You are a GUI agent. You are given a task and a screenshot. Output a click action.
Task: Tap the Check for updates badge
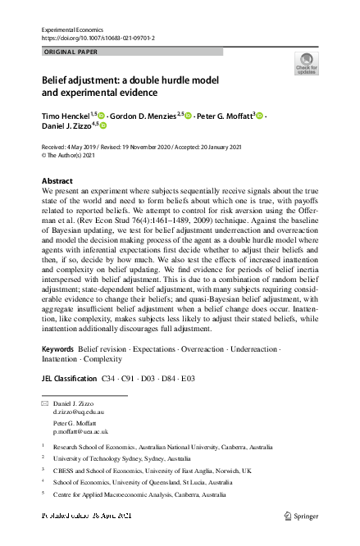click(x=306, y=64)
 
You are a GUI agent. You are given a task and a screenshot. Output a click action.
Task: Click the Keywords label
click(x=58, y=350)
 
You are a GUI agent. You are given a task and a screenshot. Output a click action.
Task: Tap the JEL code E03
click(x=189, y=379)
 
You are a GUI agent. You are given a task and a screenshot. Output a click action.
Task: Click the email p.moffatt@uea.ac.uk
click(x=80, y=431)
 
